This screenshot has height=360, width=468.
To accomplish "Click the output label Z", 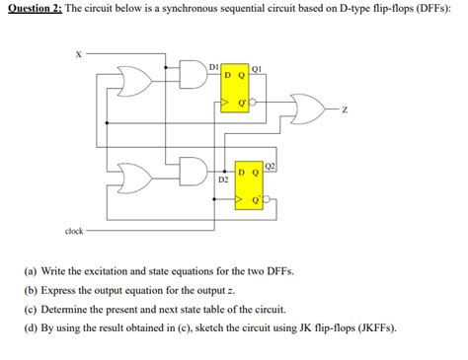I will tap(344, 109).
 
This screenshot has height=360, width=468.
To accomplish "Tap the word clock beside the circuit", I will tap(74, 231).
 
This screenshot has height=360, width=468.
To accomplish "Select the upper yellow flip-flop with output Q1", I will tap(237, 89).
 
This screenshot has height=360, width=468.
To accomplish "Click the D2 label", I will tap(222, 180).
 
